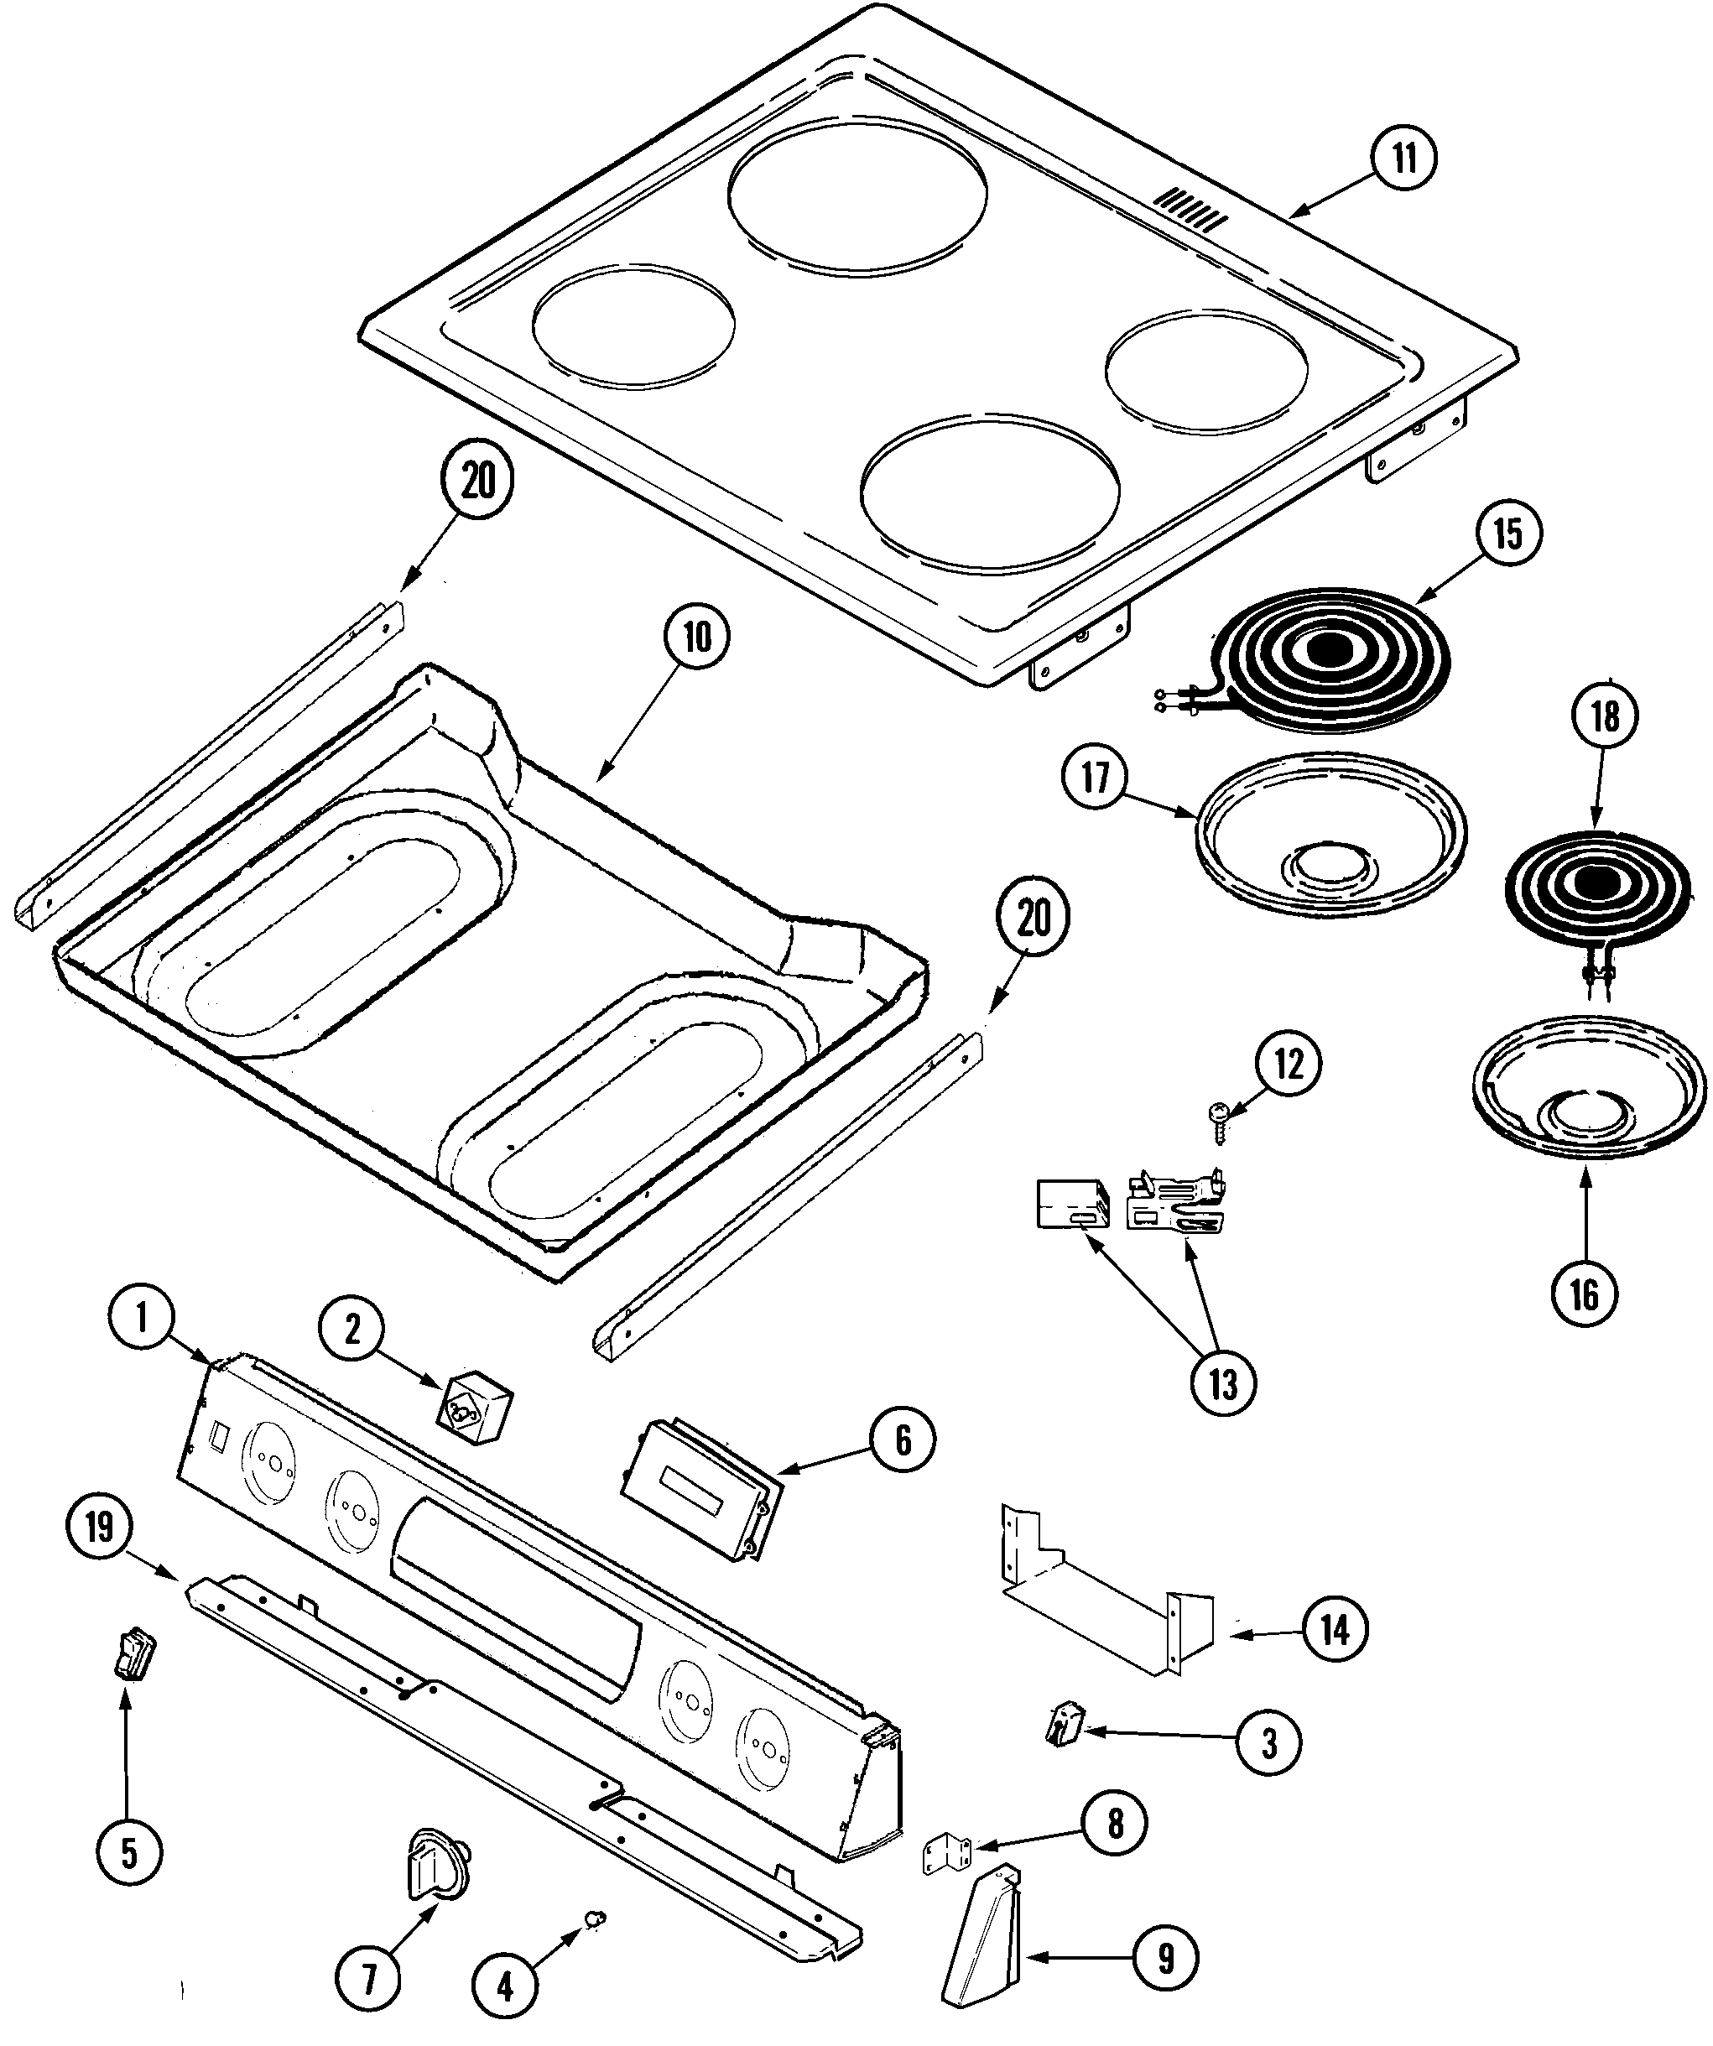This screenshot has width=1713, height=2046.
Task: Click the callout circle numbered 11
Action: [1404, 158]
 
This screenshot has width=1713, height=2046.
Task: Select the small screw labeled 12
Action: [1220, 1117]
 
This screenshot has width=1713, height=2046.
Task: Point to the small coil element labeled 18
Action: [1597, 883]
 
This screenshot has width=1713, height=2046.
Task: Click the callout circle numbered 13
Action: [1223, 1382]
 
